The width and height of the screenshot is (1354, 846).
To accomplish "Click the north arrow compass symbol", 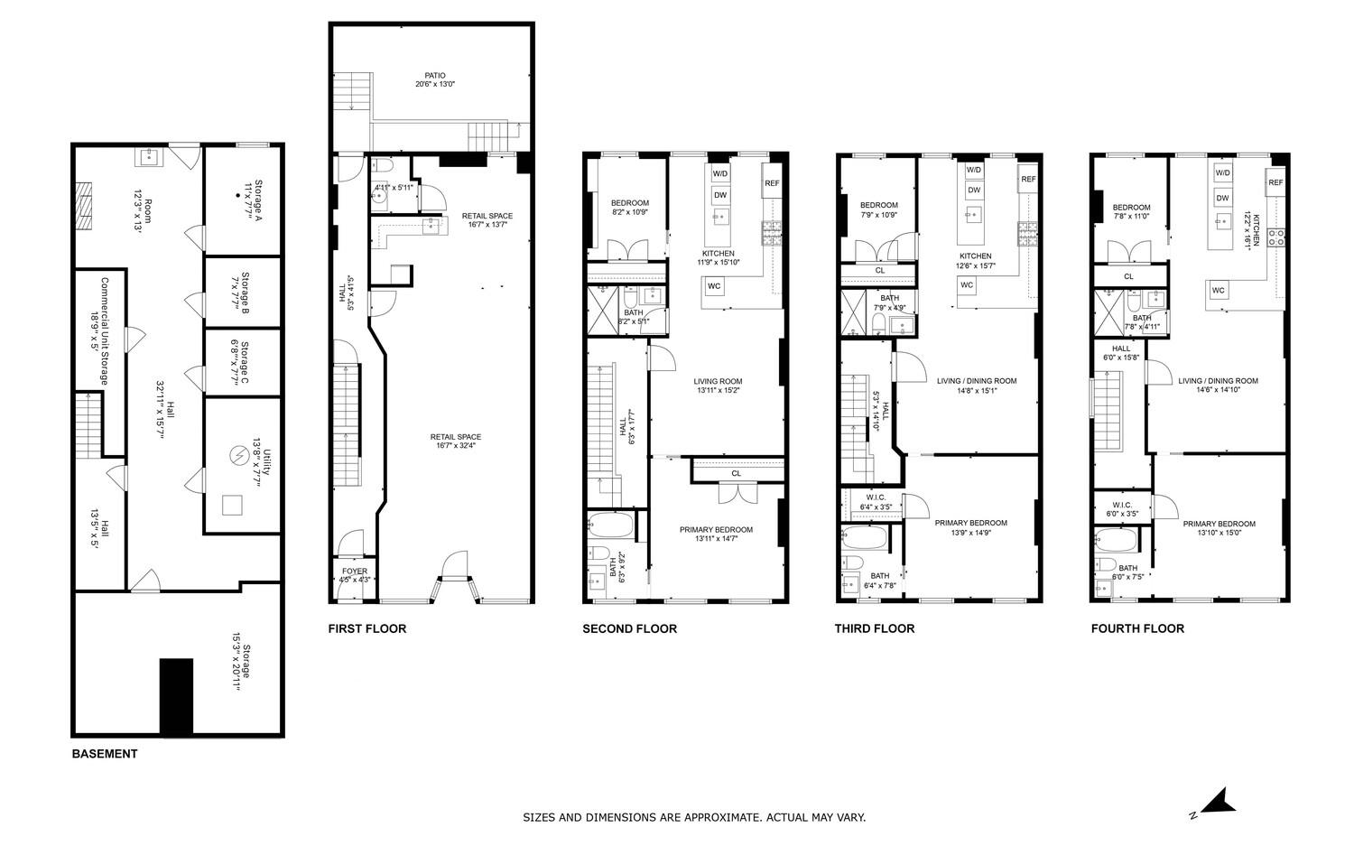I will [x=1218, y=801].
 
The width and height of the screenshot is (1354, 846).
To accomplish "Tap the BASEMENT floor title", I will [x=105, y=754].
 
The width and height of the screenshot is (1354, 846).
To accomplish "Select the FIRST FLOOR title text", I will [x=366, y=628].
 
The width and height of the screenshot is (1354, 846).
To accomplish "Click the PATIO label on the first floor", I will [x=435, y=76].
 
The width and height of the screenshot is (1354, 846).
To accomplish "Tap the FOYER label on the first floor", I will [x=355, y=572].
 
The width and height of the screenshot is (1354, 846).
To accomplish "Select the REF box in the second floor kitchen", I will [x=772, y=183].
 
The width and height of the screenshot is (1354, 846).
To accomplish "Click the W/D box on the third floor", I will [x=974, y=170].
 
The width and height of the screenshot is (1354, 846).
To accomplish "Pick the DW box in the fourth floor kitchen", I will [x=1222, y=198].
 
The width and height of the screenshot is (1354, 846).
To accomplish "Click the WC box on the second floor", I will [x=714, y=286].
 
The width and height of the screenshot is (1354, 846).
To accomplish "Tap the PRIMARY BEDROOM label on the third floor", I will [x=970, y=523].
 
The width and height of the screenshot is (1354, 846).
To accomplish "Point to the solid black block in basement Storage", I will [x=176, y=696].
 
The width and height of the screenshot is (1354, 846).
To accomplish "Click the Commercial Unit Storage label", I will [x=98, y=330].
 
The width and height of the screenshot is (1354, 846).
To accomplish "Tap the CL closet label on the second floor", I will [x=736, y=473].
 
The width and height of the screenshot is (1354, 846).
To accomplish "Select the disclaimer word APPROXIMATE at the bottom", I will [x=711, y=818].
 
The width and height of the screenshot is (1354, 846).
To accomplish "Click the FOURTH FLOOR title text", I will [x=1137, y=628].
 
